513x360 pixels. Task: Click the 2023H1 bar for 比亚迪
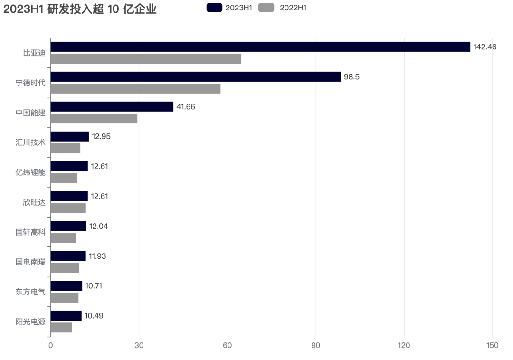(260, 47)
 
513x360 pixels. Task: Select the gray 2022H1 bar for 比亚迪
(146, 59)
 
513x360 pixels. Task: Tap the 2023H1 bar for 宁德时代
(196, 77)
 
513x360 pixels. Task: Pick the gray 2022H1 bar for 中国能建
(94, 119)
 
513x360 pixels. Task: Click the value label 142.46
(484, 47)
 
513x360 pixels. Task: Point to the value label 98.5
(351, 77)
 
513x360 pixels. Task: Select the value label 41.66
(186, 107)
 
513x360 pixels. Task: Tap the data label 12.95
(101, 137)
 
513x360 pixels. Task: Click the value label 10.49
(94, 316)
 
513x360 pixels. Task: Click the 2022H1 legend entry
(283, 8)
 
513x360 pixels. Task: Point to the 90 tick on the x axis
(316, 345)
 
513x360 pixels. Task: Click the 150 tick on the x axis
(493, 345)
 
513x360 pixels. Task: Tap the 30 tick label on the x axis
(139, 345)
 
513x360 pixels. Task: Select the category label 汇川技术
(30, 142)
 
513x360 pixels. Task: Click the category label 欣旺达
(34, 202)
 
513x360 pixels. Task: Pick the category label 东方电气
(30, 292)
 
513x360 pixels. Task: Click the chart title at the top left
(80, 9)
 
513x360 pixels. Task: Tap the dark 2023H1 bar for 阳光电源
(66, 316)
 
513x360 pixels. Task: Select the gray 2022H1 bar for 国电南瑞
(65, 268)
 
